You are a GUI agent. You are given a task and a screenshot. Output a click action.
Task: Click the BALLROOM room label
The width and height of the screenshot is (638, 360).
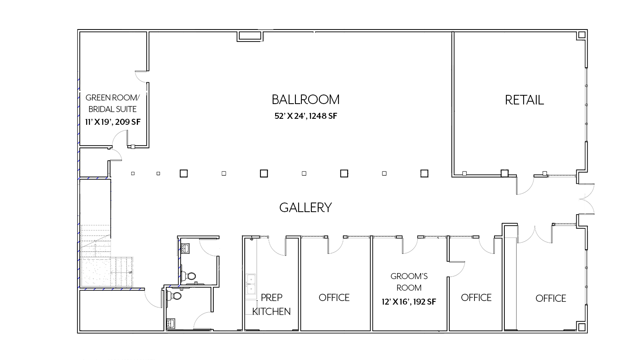pos(305,100)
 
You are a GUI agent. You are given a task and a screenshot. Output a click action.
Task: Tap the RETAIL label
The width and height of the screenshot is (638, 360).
pos(524,100)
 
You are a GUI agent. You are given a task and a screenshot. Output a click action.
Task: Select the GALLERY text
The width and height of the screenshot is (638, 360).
pos(305,208)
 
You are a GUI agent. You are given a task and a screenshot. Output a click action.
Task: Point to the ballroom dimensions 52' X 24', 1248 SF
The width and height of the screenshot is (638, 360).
pos(306,116)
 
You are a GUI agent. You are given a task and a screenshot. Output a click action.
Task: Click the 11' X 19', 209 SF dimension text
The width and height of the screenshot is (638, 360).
pos(113,122)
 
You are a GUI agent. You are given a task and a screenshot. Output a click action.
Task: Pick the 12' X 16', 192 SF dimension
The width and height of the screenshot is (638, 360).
pos(409,302)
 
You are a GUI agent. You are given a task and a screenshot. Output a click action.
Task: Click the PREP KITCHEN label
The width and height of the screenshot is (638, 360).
pos(272,305)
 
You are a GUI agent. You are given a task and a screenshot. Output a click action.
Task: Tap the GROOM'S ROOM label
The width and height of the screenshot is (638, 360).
pos(409,282)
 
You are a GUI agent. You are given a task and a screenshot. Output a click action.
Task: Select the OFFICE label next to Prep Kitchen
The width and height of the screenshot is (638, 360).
pos(334,298)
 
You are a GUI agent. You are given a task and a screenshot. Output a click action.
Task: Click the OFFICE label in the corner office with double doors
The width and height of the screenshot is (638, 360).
pos(551,299)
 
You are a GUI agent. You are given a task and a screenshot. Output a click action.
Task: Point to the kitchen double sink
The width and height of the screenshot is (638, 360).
pos(251,284)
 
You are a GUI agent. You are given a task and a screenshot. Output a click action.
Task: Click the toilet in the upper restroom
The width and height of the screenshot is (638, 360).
pos(188,276)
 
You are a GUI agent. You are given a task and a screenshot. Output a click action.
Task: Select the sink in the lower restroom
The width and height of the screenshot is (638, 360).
pos(171,323)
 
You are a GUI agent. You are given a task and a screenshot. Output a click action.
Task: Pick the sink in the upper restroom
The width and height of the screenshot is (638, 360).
pos(186,248)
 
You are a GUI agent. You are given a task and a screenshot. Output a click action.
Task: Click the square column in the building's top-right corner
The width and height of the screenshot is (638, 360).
pos(582,35)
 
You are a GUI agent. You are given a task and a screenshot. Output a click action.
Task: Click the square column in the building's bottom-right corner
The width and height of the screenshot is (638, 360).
pos(582,327)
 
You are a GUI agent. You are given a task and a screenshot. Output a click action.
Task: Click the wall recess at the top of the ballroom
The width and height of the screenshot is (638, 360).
pos(250,36)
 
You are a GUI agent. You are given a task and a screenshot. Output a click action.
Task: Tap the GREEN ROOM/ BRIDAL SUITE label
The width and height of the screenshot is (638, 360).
pos(113,103)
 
